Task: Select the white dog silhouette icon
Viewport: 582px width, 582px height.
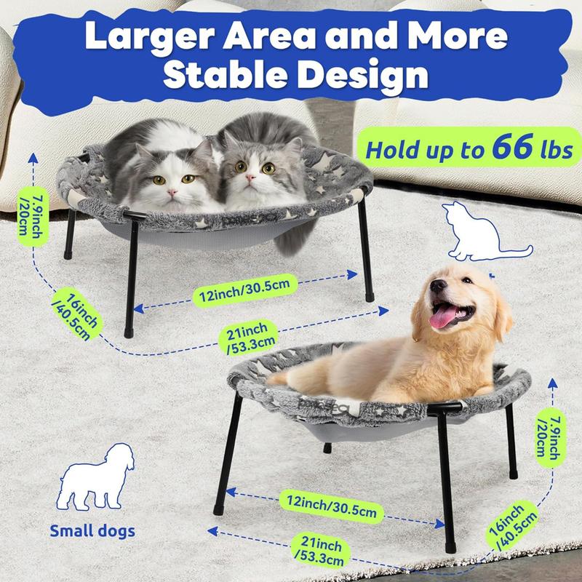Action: point(95,477)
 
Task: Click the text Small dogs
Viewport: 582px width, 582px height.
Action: point(92,530)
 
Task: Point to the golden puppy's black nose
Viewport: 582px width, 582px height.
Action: point(438,286)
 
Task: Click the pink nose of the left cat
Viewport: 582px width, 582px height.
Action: point(172,192)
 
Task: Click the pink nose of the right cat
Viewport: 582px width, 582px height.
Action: point(251,178)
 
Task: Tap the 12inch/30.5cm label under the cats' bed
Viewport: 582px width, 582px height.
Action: point(245,290)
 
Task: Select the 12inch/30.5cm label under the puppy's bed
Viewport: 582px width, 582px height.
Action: point(332,506)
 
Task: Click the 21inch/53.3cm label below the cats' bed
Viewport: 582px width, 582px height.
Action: point(248,337)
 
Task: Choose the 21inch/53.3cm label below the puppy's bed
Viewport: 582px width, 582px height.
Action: point(321,551)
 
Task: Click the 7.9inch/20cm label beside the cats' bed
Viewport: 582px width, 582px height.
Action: point(33,216)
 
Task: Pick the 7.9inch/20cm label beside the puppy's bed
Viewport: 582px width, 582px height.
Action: point(551,438)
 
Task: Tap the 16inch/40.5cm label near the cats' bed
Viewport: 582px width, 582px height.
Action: point(77,314)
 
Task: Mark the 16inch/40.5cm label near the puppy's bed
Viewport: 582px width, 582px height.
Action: point(512,526)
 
